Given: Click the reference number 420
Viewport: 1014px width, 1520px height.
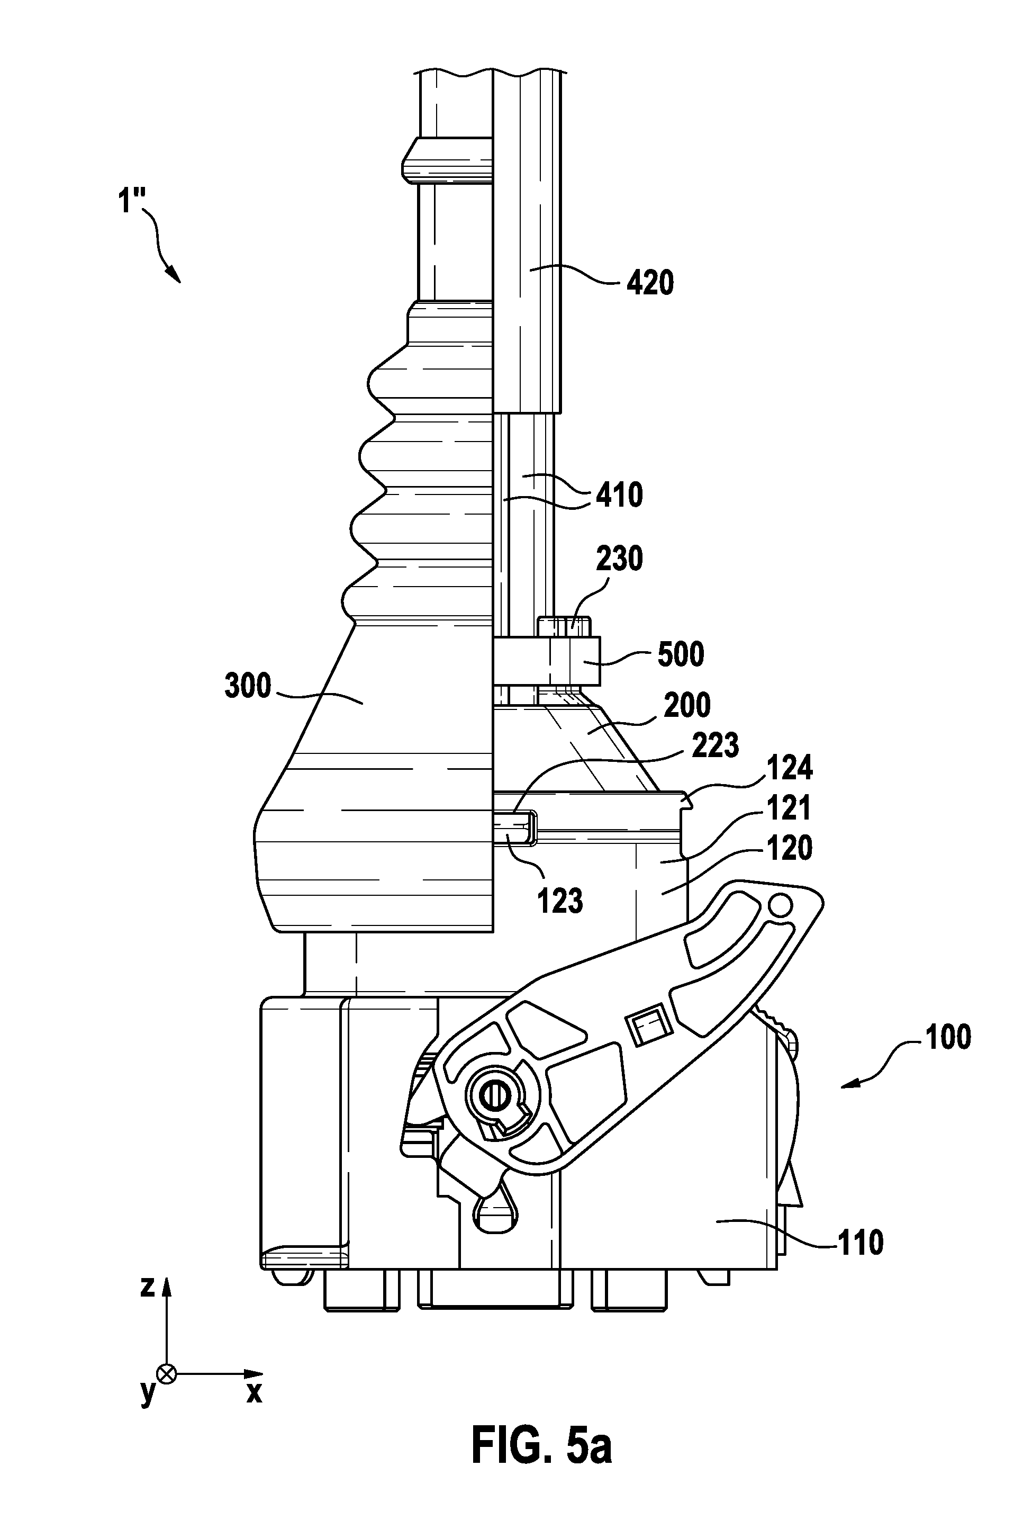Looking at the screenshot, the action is point(650,283).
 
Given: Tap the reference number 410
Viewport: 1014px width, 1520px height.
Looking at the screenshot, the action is point(619,496).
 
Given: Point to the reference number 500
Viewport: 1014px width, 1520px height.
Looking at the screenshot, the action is point(680,654).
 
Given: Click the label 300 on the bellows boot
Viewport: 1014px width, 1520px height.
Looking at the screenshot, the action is point(248,686).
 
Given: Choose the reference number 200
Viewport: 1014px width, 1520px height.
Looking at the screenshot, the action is point(687,705).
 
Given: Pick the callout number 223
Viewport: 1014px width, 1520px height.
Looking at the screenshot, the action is point(714,746).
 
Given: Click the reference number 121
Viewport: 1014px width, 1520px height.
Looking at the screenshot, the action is point(790,808).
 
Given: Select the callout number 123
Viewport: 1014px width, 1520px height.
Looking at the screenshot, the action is point(560,901).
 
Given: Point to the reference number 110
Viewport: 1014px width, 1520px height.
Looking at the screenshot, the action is point(860,1243).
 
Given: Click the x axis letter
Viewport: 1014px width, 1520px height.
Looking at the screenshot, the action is point(254,1392).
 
